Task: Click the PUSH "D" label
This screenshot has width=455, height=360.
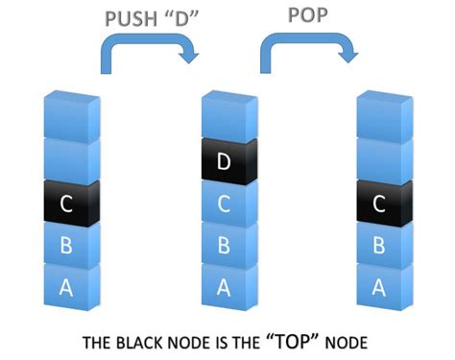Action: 146,19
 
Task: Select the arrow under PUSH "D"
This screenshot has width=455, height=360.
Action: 148,53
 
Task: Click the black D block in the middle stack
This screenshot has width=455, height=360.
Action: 225,163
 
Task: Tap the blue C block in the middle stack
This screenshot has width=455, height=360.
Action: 225,204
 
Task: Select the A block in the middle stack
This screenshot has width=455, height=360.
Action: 225,285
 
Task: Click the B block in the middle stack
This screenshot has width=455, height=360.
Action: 225,245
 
